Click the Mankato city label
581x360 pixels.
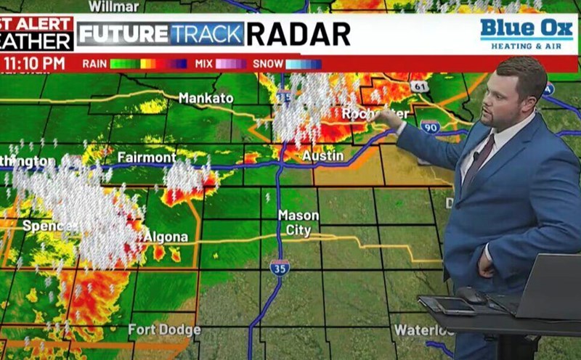click(206, 98)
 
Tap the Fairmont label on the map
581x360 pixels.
click(147, 157)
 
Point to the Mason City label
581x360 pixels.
click(298, 223)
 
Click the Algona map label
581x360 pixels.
click(166, 237)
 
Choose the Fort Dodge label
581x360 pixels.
click(164, 330)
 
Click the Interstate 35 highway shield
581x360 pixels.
click(280, 266)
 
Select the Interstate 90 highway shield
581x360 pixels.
click(430, 127)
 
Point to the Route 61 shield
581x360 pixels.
click(418, 86)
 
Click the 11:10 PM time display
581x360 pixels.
click(34, 63)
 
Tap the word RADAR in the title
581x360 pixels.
click(298, 33)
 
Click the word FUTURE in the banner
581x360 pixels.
click(123, 33)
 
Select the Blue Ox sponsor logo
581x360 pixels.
click(526, 33)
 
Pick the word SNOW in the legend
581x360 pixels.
click(268, 64)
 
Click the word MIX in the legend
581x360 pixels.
click(203, 64)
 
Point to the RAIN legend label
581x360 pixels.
click(94, 64)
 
